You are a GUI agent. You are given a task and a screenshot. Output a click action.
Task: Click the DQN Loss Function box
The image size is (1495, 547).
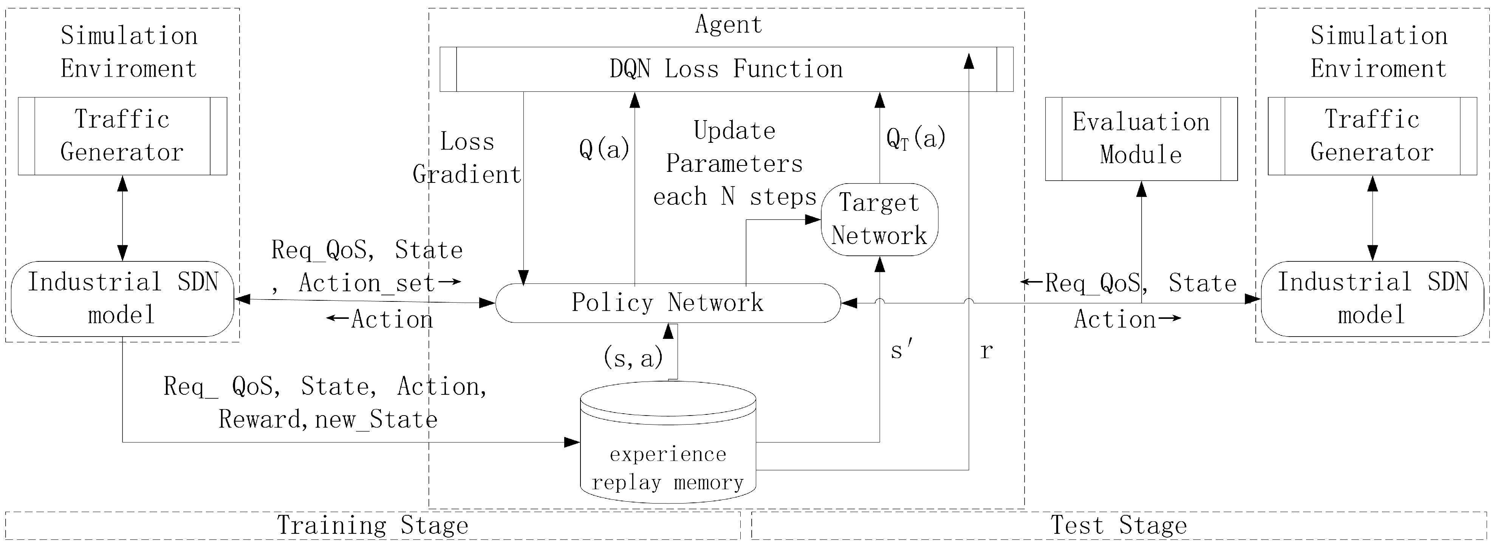[x=726, y=69]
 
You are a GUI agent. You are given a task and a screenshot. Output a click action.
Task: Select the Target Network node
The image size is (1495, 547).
[x=879, y=219]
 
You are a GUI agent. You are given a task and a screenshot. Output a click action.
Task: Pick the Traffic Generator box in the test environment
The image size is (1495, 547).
[x=1372, y=136]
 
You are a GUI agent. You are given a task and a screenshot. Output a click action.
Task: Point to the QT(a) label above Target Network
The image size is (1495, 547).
[x=916, y=138]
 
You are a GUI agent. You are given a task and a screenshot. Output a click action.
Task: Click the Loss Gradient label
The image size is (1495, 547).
[x=467, y=158]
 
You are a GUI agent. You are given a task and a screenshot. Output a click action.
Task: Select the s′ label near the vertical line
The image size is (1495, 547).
[x=901, y=350]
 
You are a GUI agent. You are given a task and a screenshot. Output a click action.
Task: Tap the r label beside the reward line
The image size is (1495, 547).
[x=986, y=350]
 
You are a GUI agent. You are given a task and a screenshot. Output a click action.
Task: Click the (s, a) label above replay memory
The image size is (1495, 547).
[x=633, y=357]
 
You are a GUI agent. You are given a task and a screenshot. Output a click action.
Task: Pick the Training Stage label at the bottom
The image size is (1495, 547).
[x=373, y=525]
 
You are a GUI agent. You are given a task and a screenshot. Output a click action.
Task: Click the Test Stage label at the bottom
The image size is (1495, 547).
[x=1119, y=525]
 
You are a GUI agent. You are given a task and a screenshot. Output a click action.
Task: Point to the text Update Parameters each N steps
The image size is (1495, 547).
[x=735, y=164]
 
